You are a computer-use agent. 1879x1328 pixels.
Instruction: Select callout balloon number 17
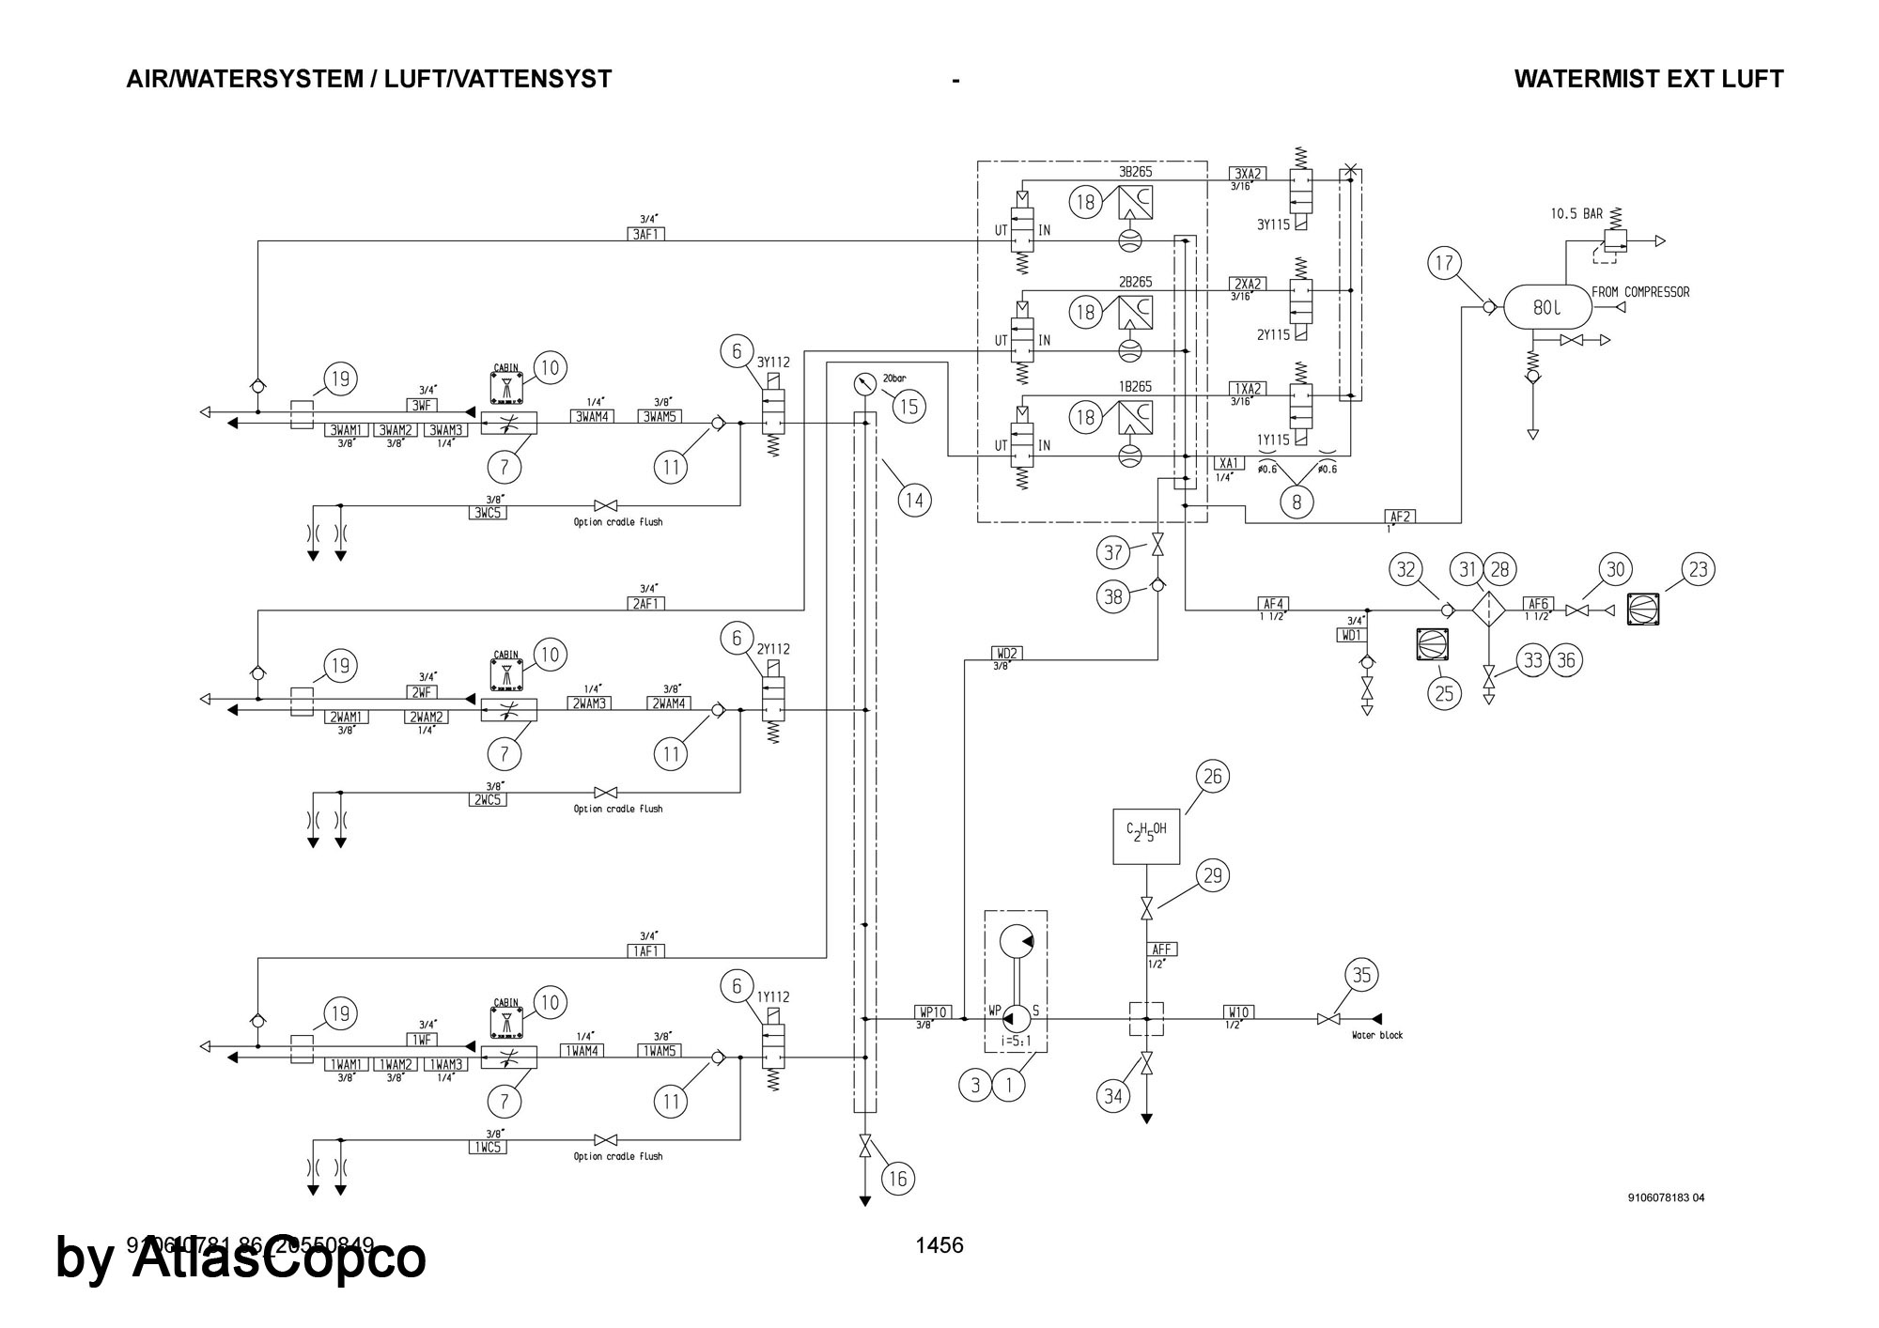click(1445, 263)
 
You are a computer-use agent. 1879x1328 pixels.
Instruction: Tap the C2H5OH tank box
click(1146, 836)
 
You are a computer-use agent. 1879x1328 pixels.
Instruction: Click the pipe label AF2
click(1400, 516)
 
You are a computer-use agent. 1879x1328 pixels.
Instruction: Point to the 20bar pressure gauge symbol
click(864, 384)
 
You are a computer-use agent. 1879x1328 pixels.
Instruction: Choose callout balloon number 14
click(914, 500)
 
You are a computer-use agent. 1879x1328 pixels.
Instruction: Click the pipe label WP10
click(932, 1011)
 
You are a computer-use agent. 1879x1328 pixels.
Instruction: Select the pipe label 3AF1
click(645, 234)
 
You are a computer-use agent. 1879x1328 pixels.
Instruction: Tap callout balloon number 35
click(1361, 976)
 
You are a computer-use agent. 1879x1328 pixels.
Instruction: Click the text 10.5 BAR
click(1576, 214)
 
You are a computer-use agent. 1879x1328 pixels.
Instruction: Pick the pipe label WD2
click(1006, 653)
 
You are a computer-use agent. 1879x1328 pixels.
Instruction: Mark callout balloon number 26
click(1212, 777)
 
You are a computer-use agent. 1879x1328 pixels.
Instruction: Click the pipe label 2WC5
click(488, 799)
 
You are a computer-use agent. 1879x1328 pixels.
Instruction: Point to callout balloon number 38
click(1113, 598)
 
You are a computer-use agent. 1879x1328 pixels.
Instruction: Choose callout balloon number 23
click(1699, 569)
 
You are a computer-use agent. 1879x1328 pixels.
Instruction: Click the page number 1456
click(939, 1245)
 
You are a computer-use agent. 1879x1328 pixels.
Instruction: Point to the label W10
click(1237, 1011)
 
